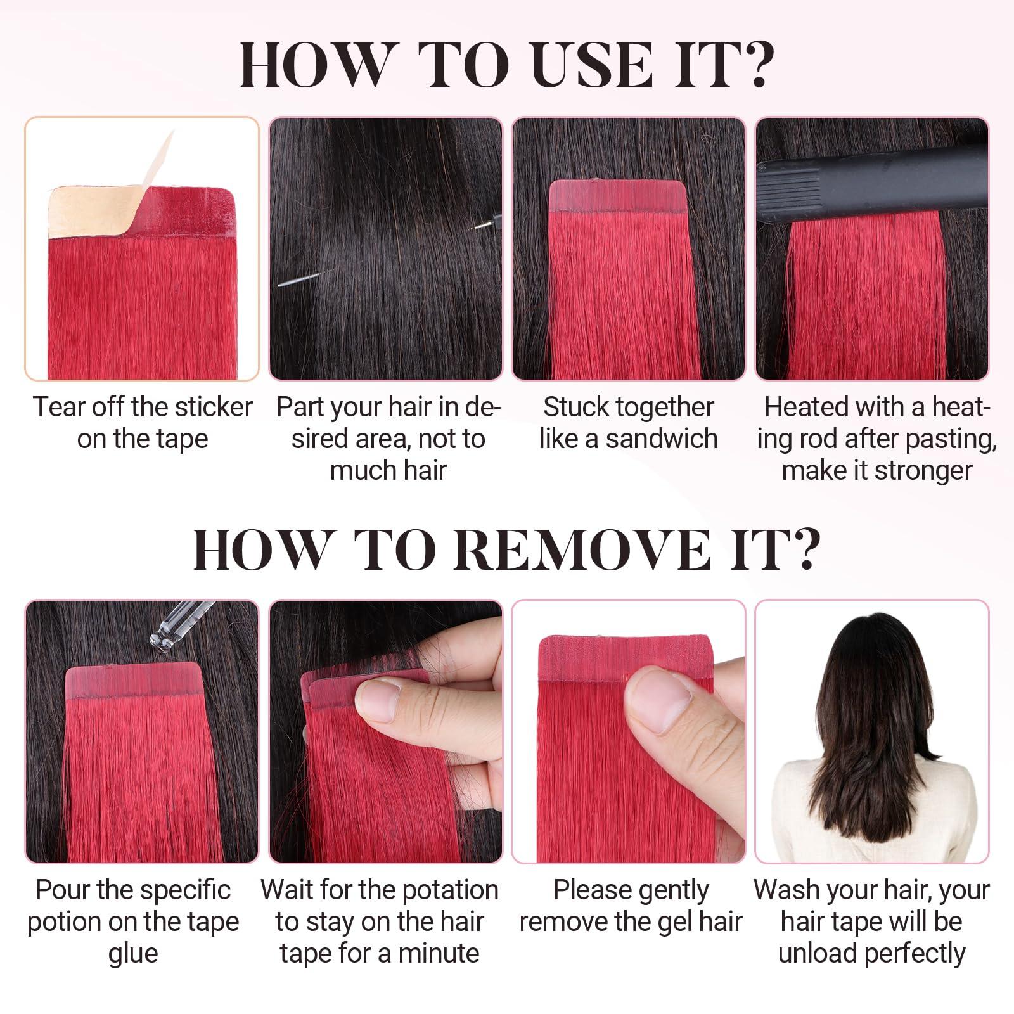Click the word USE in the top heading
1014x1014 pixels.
click(592, 65)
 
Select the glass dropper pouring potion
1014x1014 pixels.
click(181, 624)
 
